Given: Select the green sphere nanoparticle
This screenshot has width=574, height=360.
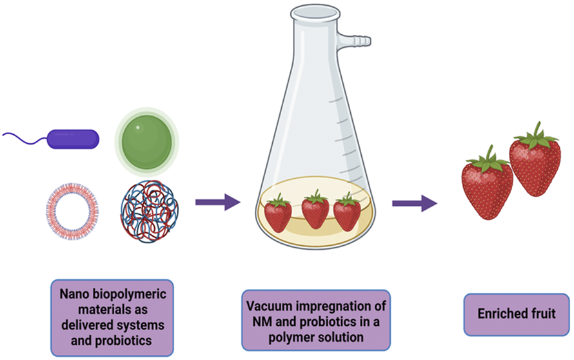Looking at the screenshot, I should (x=146, y=139).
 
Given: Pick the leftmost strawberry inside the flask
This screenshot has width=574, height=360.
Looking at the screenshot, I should (x=278, y=214).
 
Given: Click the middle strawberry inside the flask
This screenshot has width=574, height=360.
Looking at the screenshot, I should (x=315, y=211).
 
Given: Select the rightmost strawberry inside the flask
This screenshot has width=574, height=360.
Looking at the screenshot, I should (x=347, y=214).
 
